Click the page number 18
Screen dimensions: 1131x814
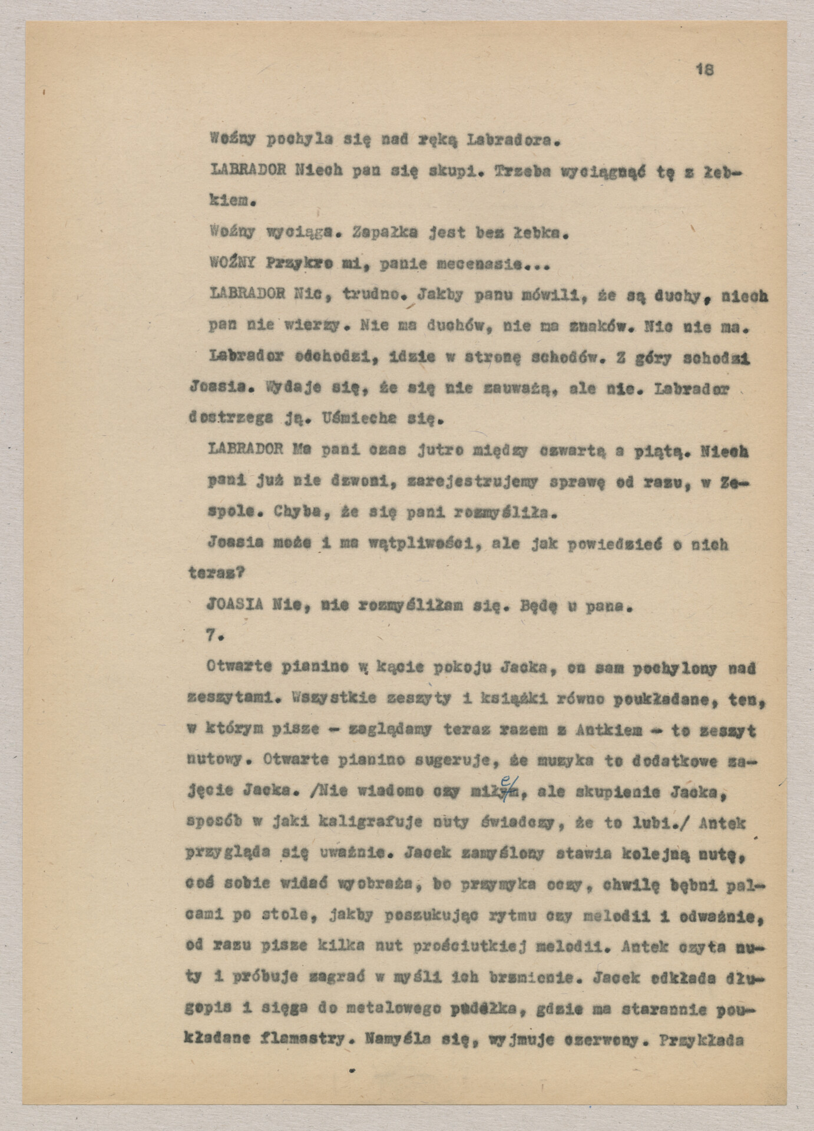[x=705, y=70]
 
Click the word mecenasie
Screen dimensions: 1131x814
[x=498, y=265]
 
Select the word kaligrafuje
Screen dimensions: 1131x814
[x=370, y=822]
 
